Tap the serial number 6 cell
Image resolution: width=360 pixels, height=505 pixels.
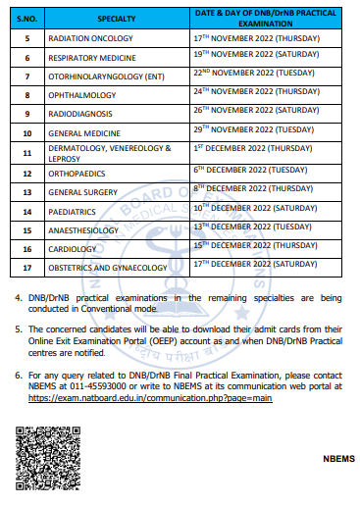[26, 59]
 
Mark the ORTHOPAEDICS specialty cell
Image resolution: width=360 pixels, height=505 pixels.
[77, 174]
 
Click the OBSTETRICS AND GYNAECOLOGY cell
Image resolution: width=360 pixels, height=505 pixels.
[108, 268]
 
